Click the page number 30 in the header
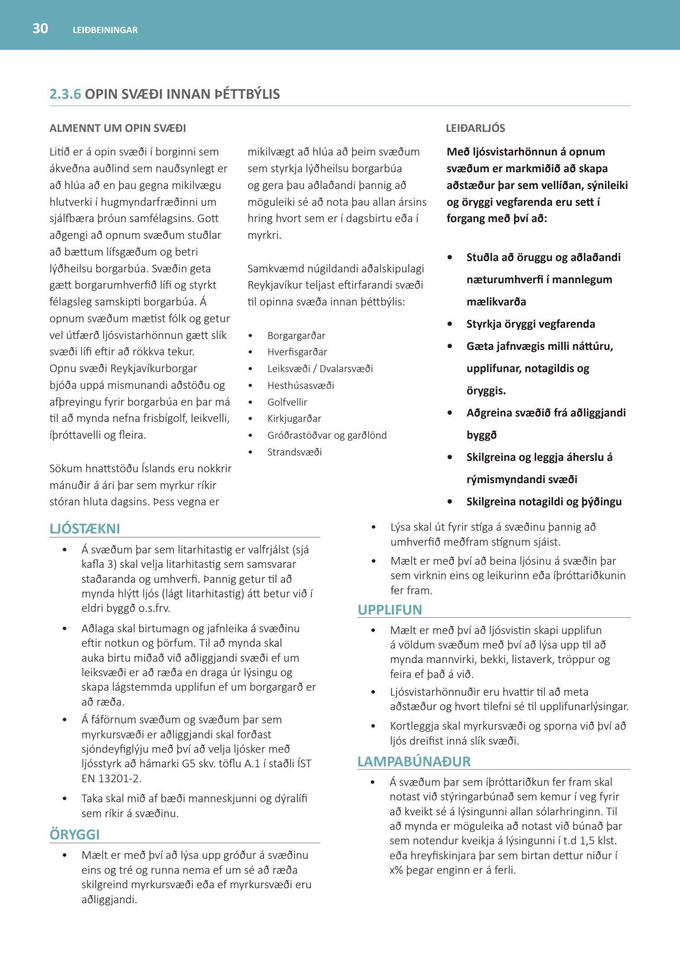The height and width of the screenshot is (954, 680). pos(40,29)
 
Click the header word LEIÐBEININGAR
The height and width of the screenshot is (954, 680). pos(105,30)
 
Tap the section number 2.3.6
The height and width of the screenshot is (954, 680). pos(65,94)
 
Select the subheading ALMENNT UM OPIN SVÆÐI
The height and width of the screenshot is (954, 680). pos(117,128)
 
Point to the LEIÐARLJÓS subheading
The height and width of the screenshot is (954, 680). pos(475,128)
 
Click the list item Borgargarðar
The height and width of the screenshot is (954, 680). pos(296,335)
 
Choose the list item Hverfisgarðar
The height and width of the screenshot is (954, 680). pos(297,352)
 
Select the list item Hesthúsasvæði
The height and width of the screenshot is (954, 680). pos(301,385)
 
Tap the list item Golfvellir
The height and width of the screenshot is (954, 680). pos(287,402)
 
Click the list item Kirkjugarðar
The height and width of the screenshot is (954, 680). pos(294,419)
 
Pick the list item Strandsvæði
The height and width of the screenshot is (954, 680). pos(294,452)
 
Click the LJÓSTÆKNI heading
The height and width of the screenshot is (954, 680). pos(85,529)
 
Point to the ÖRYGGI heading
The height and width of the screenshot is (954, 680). pos(74,834)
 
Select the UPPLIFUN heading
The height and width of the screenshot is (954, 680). pos(390,610)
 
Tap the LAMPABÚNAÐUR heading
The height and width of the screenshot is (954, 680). pos(414,761)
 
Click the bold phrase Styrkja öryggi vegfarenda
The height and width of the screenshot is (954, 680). pos(530,324)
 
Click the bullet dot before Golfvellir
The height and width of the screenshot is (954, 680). pos(250,402)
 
